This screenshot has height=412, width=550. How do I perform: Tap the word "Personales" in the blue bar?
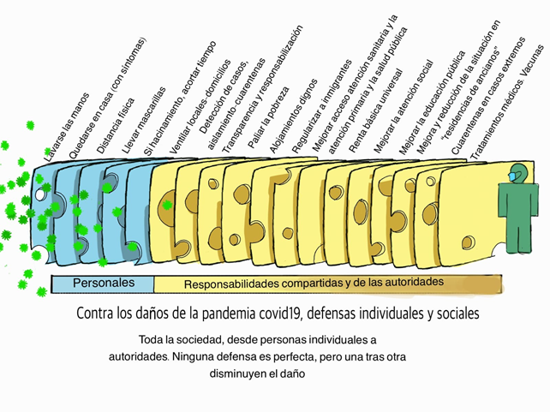(x=103, y=282)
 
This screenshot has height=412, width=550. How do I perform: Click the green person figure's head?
(x=518, y=171)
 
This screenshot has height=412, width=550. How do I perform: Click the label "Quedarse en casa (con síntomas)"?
(x=107, y=98)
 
